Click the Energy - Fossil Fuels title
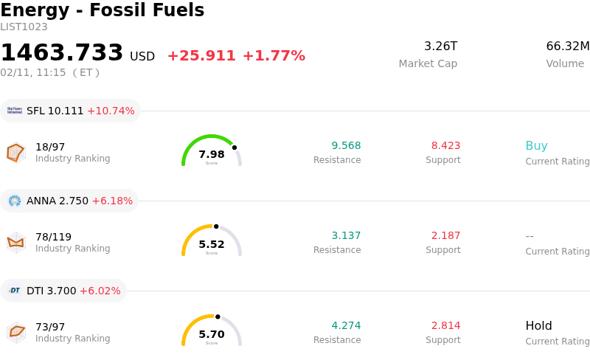coord(102,10)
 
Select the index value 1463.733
coord(62,53)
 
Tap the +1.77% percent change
coord(274,56)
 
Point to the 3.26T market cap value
coord(440,46)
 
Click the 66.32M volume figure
coord(567,46)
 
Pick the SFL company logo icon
coord(15,111)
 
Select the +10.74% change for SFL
coord(111,111)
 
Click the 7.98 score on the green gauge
coord(212,154)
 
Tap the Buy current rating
coord(536,145)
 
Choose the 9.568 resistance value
coord(346,145)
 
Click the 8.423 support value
coord(445,145)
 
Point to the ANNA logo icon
coord(15,201)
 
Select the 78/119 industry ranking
coord(53,237)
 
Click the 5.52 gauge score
coord(212,244)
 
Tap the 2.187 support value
coord(445,235)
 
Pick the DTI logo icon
coord(15,291)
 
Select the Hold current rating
coord(538,325)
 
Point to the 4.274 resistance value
coord(346,325)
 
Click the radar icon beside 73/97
coord(16,332)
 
